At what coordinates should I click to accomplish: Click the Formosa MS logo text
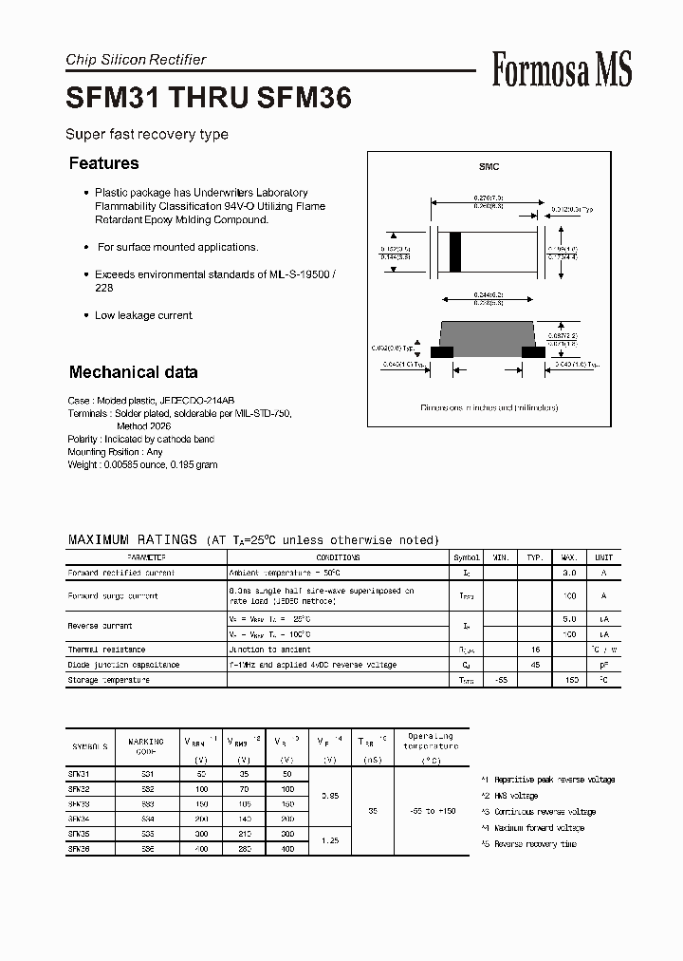tap(562, 70)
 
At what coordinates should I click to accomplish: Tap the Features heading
tap(103, 163)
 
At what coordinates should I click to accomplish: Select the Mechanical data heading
tap(133, 372)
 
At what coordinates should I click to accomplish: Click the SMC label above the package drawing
tap(489, 167)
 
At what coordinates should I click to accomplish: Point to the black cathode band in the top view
tap(455, 252)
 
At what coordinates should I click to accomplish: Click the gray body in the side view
tap(489, 336)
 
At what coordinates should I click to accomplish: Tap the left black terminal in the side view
tap(442, 351)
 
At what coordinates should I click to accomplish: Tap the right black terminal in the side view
tap(534, 351)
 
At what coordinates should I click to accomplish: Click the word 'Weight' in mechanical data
tap(82, 465)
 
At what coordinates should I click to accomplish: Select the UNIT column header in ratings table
tap(603, 557)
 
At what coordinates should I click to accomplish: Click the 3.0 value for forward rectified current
tap(569, 573)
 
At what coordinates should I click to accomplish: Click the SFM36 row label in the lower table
tap(80, 850)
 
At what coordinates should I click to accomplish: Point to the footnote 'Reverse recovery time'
tap(535, 844)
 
